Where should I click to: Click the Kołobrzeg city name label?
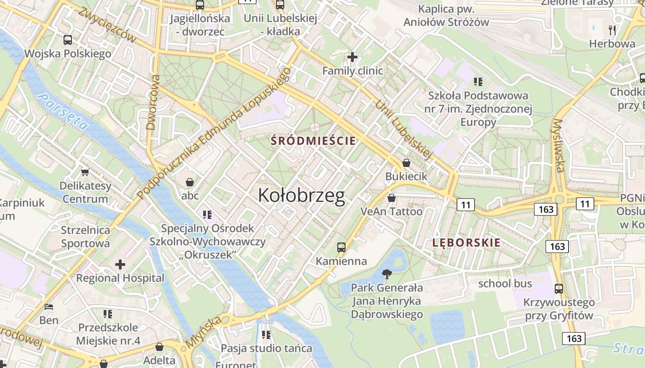[301, 195]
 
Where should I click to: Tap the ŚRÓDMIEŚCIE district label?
[313, 141]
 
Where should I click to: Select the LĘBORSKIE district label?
[466, 243]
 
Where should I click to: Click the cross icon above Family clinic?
[352, 57]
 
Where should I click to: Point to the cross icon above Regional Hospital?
[120, 264]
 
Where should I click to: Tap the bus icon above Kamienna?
[341, 247]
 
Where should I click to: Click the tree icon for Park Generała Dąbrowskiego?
[387, 275]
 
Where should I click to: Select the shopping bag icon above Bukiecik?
[406, 163]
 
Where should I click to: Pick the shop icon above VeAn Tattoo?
[391, 198]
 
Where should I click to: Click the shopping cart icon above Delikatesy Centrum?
[85, 172]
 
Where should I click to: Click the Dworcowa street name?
[152, 102]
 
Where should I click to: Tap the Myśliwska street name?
[558, 145]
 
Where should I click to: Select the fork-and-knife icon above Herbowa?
[612, 30]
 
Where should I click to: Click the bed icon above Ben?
[49, 306]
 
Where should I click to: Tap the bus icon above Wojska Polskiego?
[68, 40]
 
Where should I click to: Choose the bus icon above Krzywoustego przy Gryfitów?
[558, 289]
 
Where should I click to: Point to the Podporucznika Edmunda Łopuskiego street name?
[214, 133]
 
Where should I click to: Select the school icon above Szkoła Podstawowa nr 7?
[478, 82]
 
